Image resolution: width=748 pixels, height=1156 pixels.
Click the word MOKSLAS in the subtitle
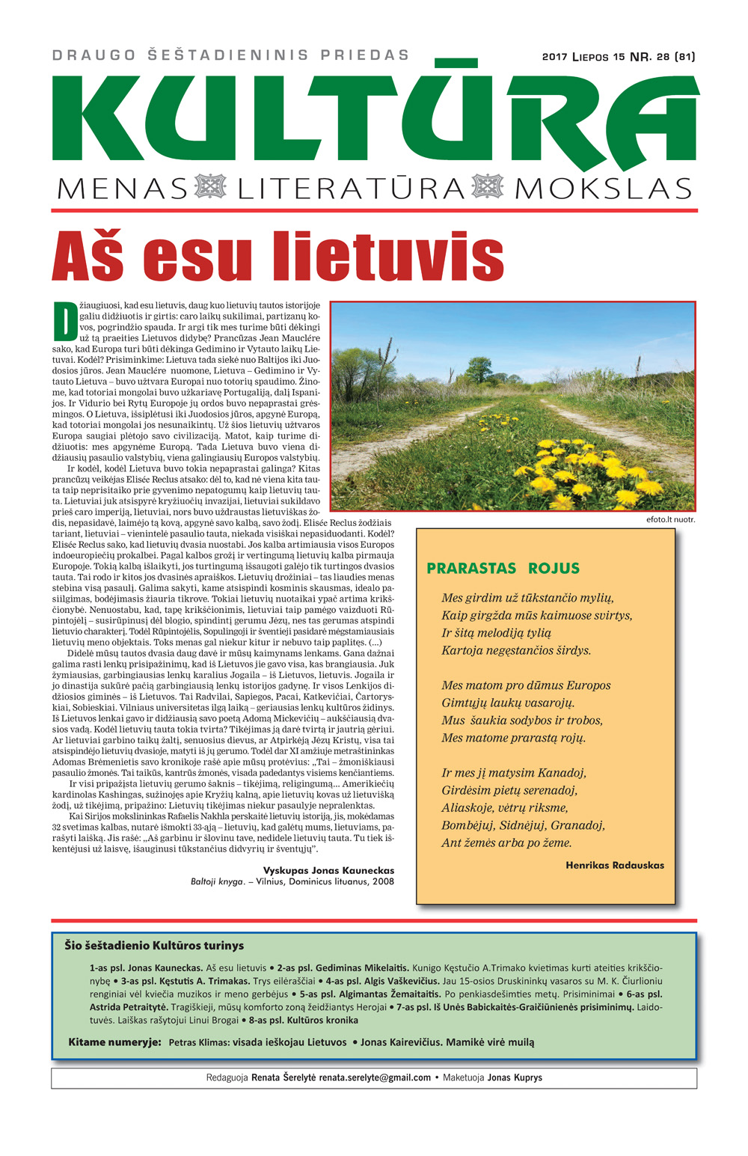tap(603, 189)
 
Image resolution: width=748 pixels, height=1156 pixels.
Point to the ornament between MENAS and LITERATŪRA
tap(210, 187)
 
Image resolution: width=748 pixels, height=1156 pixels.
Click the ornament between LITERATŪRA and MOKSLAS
tap(489, 187)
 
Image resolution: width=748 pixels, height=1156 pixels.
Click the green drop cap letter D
tap(64, 321)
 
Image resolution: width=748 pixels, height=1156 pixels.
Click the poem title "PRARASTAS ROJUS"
tap(503, 568)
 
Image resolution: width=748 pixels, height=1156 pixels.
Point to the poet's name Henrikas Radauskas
tap(614, 865)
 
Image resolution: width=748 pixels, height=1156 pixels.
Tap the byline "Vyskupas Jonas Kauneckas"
tap(328, 870)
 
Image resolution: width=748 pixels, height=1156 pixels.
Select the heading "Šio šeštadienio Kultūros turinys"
tap(154, 945)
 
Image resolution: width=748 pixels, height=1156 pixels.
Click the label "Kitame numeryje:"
tap(114, 1042)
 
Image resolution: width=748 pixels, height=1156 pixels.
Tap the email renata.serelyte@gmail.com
tap(375, 1077)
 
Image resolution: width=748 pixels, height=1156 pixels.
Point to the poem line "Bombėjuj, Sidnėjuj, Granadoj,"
tap(523, 825)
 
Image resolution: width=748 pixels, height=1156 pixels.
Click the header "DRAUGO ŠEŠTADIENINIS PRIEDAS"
tap(231, 55)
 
